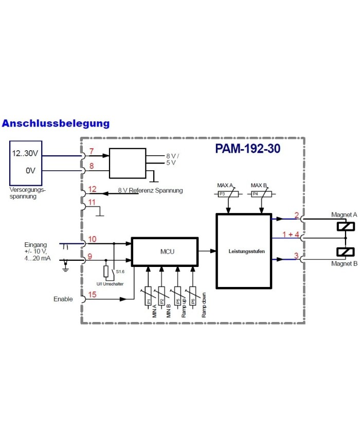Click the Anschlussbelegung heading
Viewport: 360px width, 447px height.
click(56, 123)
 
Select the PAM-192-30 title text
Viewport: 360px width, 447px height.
click(247, 149)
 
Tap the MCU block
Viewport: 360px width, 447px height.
click(165, 252)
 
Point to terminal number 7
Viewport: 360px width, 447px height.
click(92, 152)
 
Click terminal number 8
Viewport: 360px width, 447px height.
click(92, 166)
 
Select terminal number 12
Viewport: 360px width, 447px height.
click(93, 189)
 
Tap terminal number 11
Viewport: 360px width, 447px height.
click(92, 202)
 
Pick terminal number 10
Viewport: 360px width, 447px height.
click(93, 239)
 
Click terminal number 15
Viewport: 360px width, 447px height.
click(93, 295)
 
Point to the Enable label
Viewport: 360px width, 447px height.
click(63, 299)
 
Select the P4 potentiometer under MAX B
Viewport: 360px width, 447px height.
click(262, 194)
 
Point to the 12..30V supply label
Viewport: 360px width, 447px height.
click(26, 154)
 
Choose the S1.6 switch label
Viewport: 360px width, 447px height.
click(120, 271)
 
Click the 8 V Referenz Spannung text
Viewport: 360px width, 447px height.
click(150, 190)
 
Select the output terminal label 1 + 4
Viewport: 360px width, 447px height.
click(291, 235)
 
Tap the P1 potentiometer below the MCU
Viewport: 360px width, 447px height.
click(148, 297)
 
